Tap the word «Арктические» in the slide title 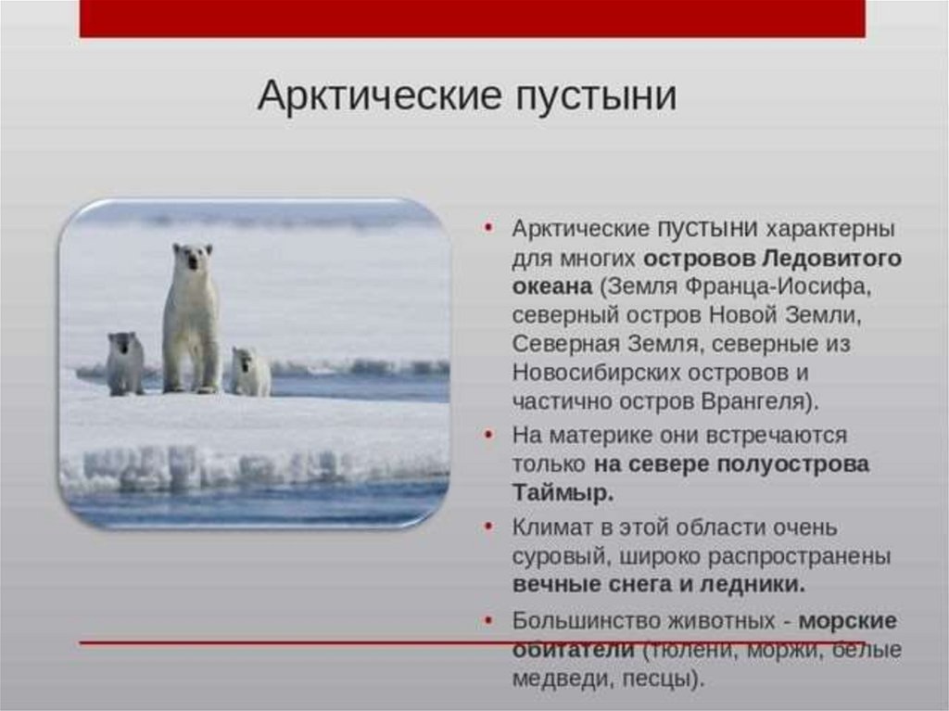(x=380, y=95)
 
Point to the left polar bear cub (x=125, y=363)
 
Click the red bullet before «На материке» (x=489, y=435)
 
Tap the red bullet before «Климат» (x=489, y=527)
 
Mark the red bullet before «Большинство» (x=489, y=620)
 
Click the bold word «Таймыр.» (x=563, y=492)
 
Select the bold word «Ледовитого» (x=831, y=259)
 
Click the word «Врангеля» (x=753, y=401)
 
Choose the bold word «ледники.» (x=753, y=585)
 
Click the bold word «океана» (x=552, y=286)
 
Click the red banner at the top (x=472, y=19)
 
